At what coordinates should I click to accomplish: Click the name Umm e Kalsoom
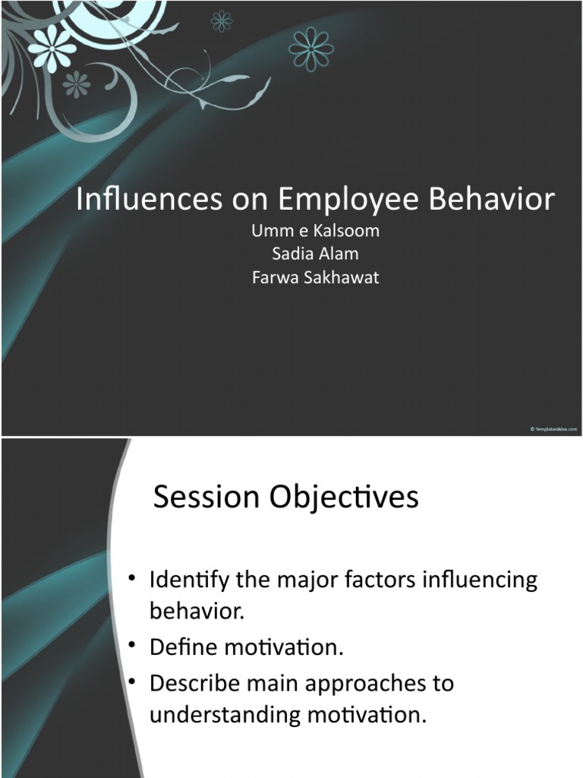point(314,231)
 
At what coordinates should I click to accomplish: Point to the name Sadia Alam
point(314,254)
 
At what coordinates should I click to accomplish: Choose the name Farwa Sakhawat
point(314,277)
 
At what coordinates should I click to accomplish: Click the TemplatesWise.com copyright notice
point(554,430)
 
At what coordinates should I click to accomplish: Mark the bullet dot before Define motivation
point(132,645)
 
